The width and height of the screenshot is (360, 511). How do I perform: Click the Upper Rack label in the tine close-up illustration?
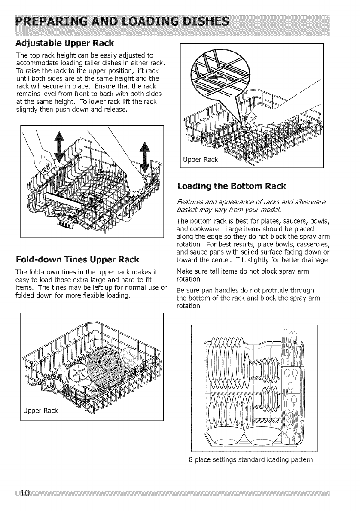pyautogui.click(x=201, y=160)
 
